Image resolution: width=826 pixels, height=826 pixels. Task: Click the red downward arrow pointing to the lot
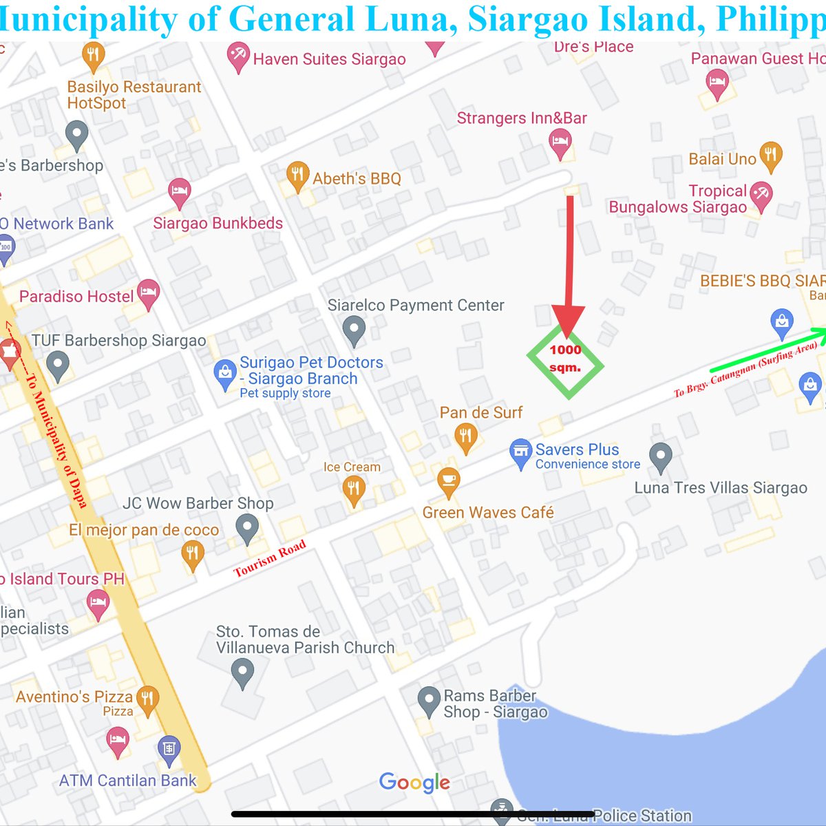click(x=570, y=268)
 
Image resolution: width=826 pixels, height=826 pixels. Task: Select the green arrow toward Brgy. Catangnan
click(x=767, y=350)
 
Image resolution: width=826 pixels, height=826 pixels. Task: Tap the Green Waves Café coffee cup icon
click(x=448, y=481)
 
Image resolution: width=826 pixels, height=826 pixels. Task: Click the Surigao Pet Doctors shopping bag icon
click(x=225, y=374)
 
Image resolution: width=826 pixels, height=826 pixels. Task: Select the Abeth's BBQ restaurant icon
click(x=297, y=176)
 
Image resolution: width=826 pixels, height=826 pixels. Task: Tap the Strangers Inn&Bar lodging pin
click(x=560, y=144)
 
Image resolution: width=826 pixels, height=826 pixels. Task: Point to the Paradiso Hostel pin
click(x=148, y=294)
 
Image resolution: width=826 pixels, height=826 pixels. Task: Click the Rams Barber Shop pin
click(x=429, y=701)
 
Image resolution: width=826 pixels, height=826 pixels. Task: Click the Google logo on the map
click(x=414, y=783)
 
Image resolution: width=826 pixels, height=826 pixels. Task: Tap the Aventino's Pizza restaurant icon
click(x=147, y=699)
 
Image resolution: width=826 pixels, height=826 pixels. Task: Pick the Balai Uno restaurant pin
click(x=770, y=156)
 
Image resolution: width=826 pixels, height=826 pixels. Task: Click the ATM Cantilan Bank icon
click(x=169, y=749)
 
